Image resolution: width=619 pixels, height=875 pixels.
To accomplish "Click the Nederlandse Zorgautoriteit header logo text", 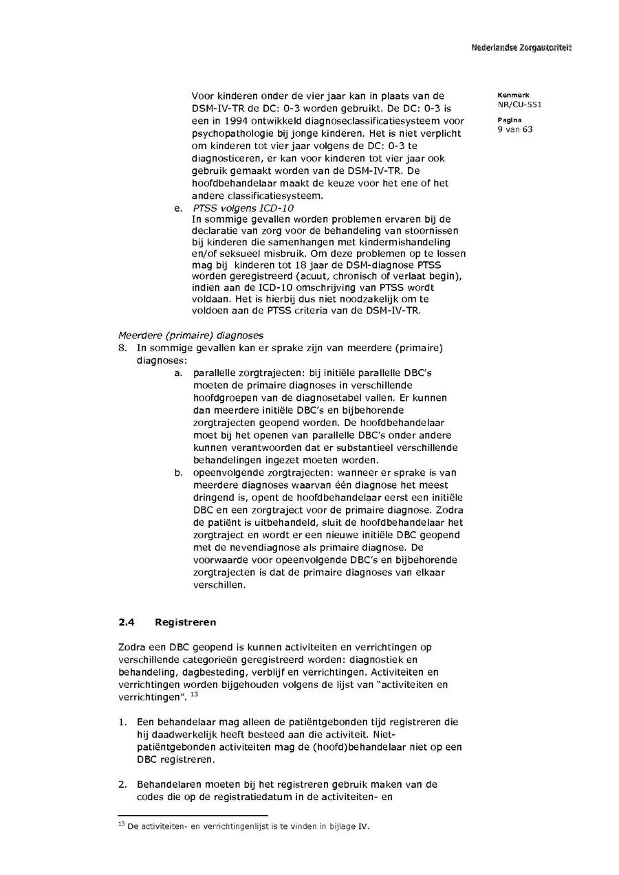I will point(521,47).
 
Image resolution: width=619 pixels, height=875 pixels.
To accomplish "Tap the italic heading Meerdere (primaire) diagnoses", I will point(191,335).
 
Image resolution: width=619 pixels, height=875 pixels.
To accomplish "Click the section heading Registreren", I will point(186,622).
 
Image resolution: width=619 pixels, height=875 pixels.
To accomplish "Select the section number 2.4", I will point(126,622).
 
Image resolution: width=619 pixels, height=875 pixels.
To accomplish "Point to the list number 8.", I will point(122,348).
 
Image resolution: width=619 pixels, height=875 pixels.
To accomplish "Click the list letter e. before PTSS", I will point(179,208).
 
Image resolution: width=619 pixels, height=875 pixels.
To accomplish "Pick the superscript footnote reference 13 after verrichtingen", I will point(195,694).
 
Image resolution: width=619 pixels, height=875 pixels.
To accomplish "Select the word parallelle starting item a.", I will point(214,373).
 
